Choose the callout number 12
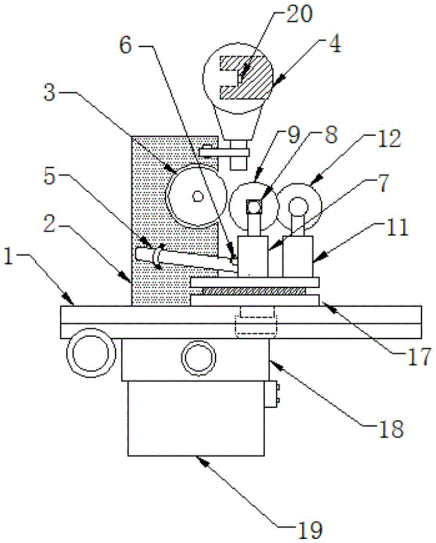[x=390, y=140]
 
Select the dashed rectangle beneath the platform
[x=256, y=323]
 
